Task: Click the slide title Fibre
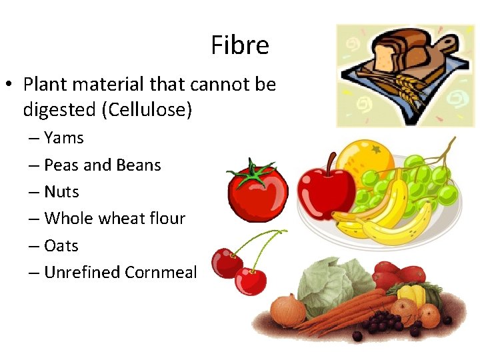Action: tap(240, 45)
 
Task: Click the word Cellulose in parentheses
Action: tap(147, 109)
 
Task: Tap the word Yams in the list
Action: tap(64, 138)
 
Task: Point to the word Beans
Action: tap(139, 165)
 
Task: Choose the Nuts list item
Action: tap(61, 192)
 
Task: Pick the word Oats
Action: tap(61, 246)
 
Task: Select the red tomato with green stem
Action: tap(257, 193)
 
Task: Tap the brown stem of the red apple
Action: tap(329, 161)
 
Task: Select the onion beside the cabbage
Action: tap(289, 309)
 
